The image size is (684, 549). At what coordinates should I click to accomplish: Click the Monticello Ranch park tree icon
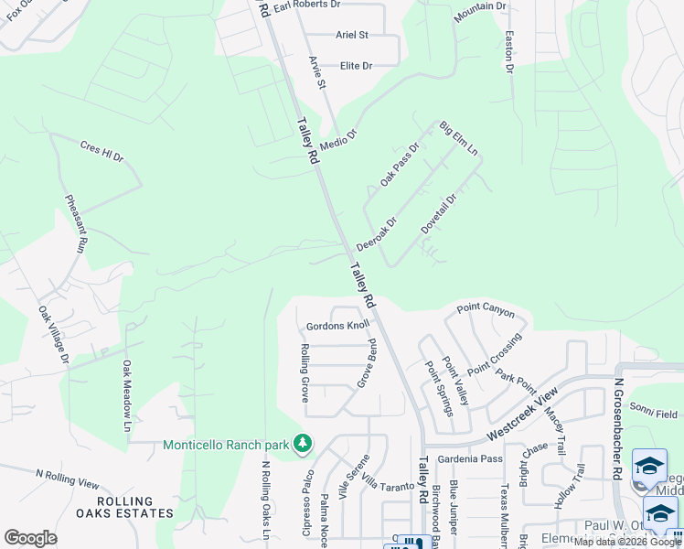303,445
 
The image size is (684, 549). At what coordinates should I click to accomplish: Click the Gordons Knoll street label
337,326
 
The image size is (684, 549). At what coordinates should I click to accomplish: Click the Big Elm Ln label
459,137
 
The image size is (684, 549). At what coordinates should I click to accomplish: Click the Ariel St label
352,35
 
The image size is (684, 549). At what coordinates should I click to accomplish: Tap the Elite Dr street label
357,66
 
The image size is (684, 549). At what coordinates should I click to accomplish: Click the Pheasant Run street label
75,223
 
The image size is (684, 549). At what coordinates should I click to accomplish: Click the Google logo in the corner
30,537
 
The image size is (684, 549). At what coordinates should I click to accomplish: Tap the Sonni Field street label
654,414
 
